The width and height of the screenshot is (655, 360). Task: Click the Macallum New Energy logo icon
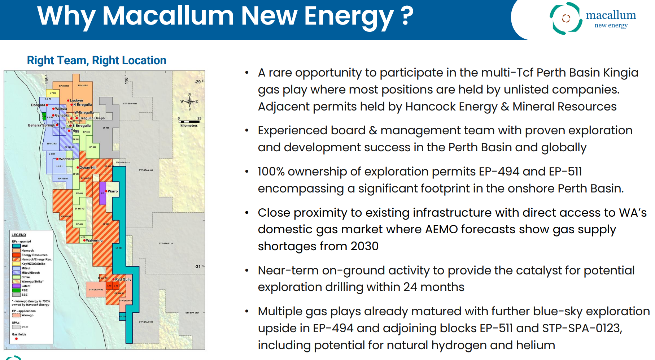(566, 18)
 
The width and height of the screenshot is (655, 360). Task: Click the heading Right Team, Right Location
(96, 60)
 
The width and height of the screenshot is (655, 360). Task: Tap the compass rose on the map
(189, 101)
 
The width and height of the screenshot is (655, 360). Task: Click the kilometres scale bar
(189, 122)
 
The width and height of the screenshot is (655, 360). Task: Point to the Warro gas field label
(113, 191)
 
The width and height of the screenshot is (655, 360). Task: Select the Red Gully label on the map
(123, 279)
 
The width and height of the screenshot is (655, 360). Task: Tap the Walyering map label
(94, 240)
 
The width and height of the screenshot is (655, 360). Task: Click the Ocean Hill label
(88, 168)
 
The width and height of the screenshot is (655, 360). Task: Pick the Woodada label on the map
(66, 159)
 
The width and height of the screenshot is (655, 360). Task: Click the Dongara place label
(38, 105)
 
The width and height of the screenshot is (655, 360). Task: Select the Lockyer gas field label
(76, 101)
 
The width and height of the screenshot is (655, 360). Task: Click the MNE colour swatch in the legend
(16, 246)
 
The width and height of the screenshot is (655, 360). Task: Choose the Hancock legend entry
(27, 251)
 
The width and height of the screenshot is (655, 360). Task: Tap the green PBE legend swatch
(16, 290)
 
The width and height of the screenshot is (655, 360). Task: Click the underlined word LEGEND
(19, 235)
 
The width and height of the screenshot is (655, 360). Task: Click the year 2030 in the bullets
(364, 246)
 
